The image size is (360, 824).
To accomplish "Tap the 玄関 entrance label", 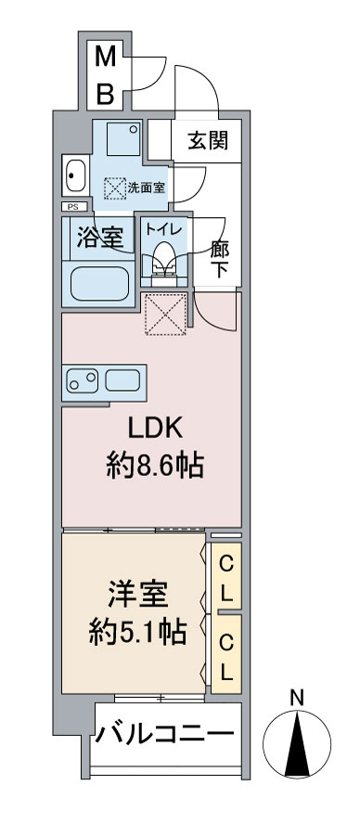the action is point(209,140).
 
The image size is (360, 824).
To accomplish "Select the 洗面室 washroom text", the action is point(147,187).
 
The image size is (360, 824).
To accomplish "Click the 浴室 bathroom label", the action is point(99,238).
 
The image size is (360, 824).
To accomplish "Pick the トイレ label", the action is point(164,229).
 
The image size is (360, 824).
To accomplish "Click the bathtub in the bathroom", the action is point(100,284).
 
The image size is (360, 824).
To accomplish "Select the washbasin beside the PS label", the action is point(75,175).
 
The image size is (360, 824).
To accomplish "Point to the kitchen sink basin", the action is point(122,380).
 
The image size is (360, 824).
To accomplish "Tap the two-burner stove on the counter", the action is point(83,380).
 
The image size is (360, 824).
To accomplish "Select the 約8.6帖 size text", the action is point(155,465).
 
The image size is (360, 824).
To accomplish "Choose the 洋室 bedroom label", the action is point(138,595).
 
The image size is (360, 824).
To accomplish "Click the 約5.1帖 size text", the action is point(137,632).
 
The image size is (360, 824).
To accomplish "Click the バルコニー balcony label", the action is point(164,733).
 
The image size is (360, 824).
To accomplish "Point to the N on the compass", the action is point(298,698).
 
